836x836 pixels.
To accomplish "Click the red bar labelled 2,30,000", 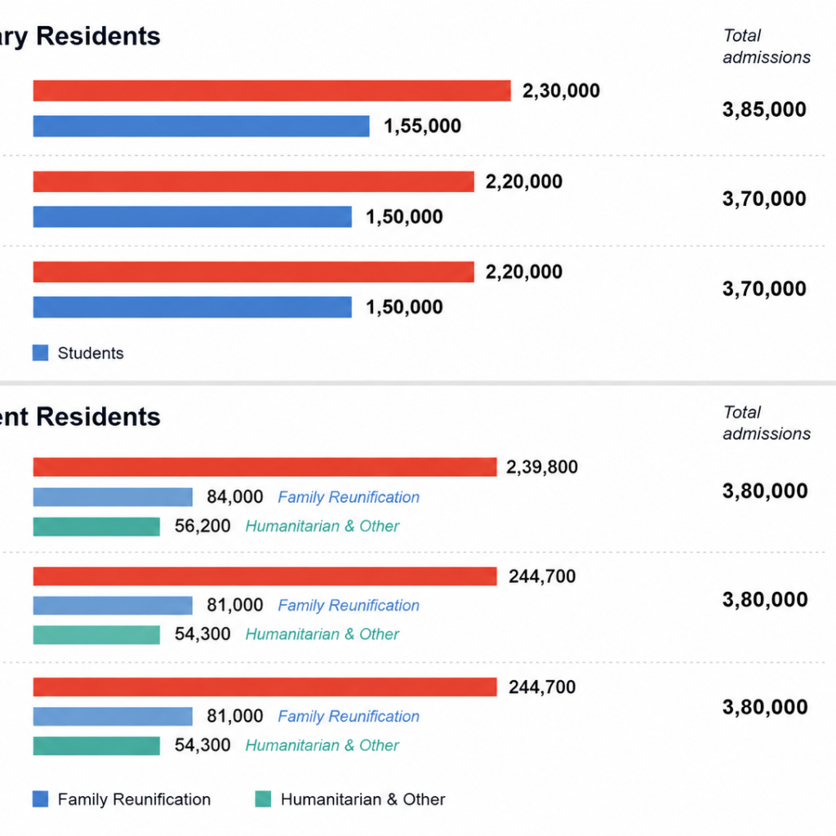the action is point(272,91).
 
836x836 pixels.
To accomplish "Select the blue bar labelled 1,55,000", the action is point(201,127).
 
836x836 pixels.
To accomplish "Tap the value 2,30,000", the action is point(561,91).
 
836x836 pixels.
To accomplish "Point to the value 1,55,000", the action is point(422,127).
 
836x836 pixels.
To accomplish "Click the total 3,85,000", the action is point(764,109).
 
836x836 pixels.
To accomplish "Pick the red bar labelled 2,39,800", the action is point(265,467).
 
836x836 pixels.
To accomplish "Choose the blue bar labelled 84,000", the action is point(113,497).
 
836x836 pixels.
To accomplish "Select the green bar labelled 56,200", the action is point(96,527).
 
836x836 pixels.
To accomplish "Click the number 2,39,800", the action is point(542,468).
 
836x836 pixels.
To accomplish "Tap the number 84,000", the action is point(234,497).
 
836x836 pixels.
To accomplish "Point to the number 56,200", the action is point(202,527).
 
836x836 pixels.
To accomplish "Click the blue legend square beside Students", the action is point(41,353).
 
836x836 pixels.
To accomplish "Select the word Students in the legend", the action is point(91,353).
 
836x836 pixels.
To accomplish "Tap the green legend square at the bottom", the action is point(264,799).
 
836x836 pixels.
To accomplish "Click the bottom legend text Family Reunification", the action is point(135,799).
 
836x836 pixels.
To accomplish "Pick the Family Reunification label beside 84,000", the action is point(349,497).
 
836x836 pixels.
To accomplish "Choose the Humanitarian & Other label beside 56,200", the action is point(322,527).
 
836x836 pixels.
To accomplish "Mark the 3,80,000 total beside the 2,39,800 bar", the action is point(765,491).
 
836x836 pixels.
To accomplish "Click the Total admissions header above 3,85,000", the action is point(767,47).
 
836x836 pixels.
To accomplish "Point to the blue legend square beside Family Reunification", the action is point(41,799).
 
